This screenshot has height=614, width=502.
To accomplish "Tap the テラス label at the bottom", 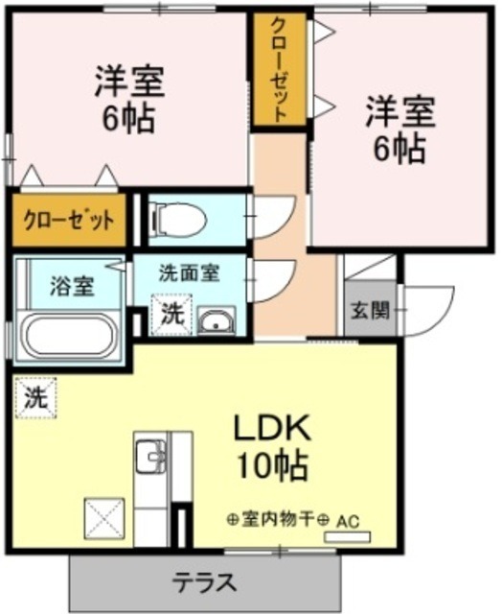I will coord(204,581).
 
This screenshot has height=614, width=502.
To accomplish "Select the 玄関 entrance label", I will coord(367,311).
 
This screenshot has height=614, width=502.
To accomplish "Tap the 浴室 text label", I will coord(72,286).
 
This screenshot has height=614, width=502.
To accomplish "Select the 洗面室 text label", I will coord(189,272).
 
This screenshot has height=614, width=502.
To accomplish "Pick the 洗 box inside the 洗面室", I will coord(171,312).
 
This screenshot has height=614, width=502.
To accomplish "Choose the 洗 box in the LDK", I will coord(34,397).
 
